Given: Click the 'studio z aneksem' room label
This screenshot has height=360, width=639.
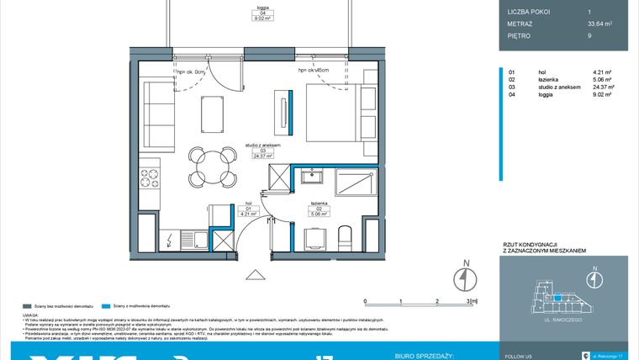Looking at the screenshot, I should pyautogui.click(x=262, y=146).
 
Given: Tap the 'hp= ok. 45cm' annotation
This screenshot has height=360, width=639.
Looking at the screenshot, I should pyautogui.click(x=313, y=71).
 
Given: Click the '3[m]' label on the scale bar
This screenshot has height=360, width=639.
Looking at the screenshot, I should pyautogui.click(x=473, y=300).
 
